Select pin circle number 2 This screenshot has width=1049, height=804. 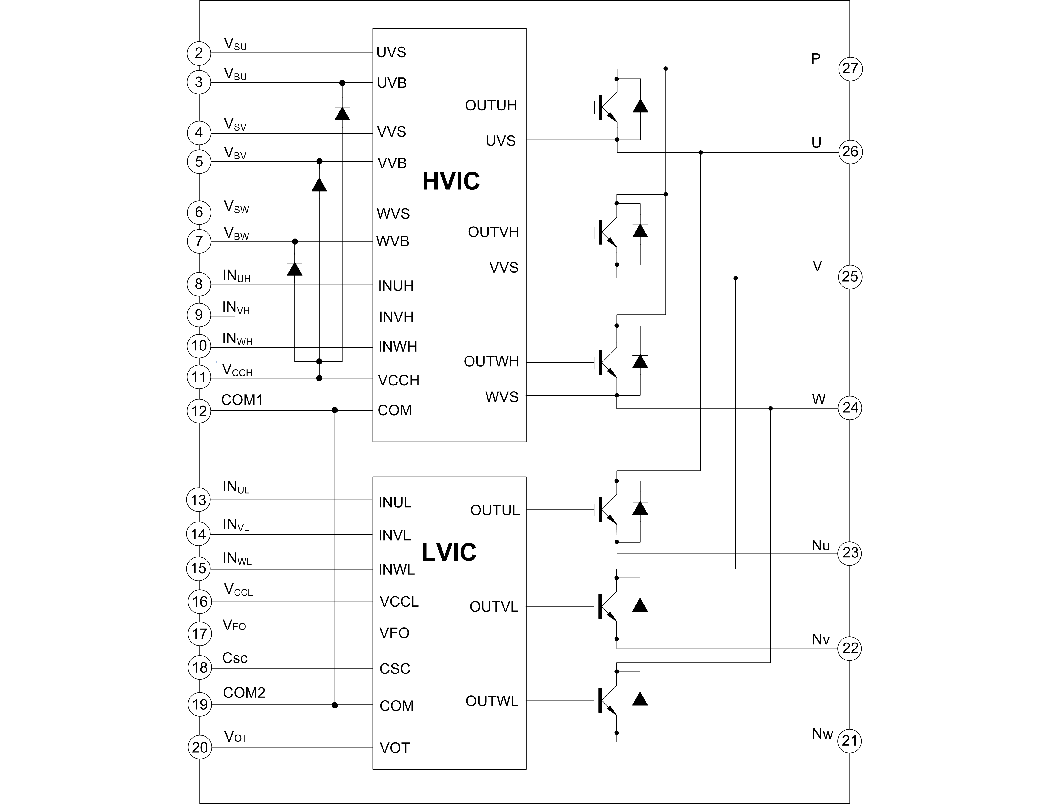(x=199, y=53)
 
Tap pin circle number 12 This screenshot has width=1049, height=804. (x=199, y=411)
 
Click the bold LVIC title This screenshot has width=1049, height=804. (x=449, y=552)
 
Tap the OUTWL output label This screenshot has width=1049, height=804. (x=492, y=701)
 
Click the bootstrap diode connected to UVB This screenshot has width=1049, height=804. (x=342, y=114)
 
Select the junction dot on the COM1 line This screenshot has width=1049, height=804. (x=335, y=410)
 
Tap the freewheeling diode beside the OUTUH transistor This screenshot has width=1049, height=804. (x=640, y=106)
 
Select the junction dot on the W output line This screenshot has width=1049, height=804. (x=770, y=408)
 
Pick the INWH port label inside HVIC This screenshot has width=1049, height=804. (x=397, y=347)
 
